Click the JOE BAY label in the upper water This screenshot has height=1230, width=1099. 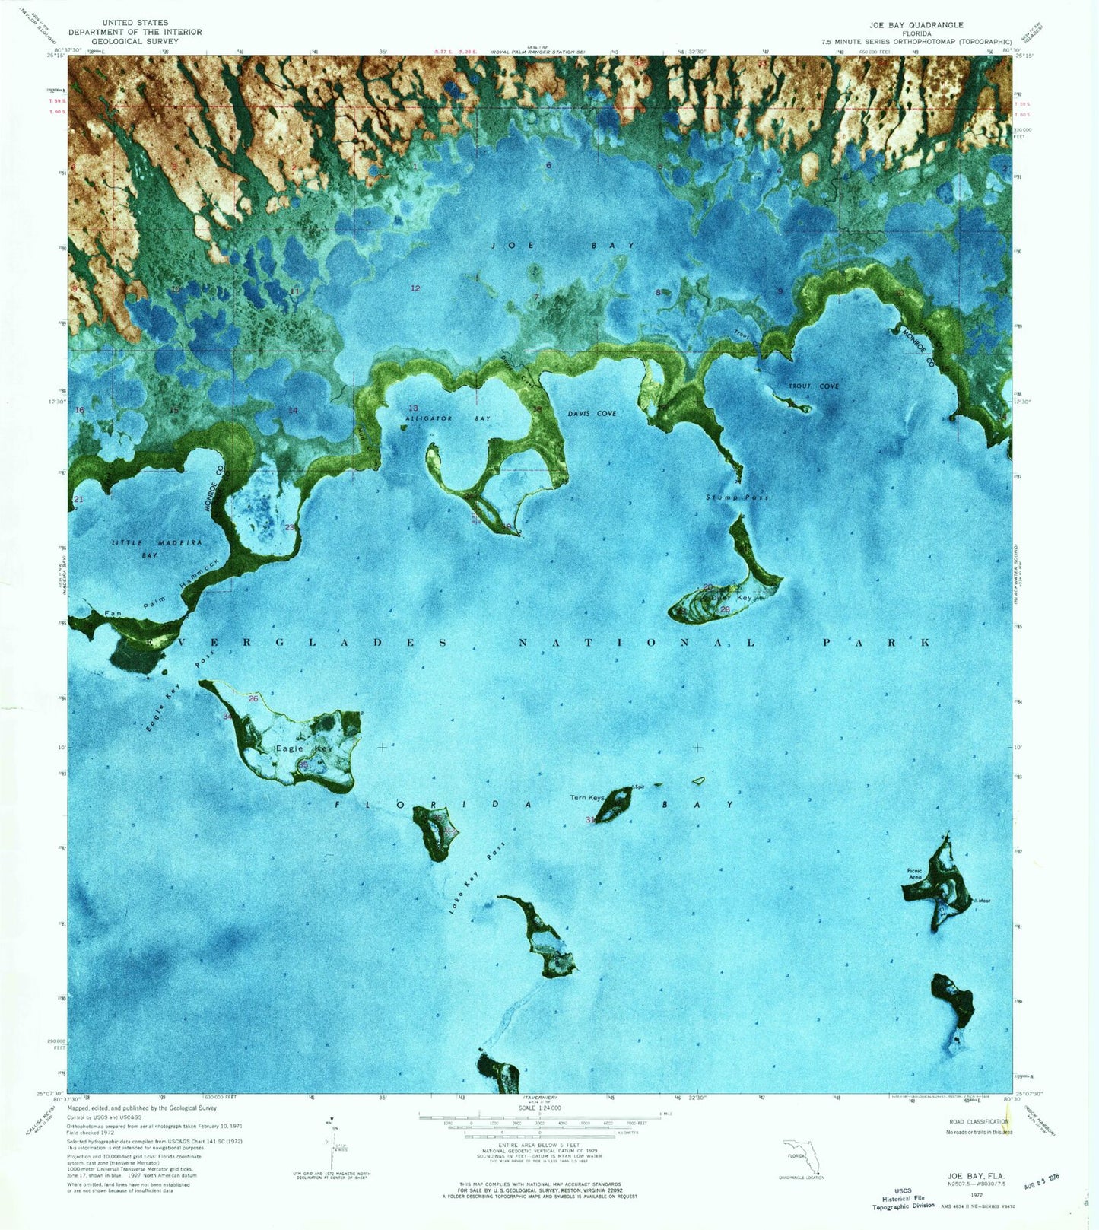(x=563, y=246)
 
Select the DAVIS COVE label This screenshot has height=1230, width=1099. (x=592, y=413)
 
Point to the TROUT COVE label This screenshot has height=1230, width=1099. (x=813, y=386)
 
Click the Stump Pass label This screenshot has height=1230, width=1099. (x=737, y=497)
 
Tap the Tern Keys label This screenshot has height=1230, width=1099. (x=587, y=798)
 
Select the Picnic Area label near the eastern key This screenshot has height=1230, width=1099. (x=914, y=874)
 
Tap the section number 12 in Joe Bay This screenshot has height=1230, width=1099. (x=415, y=288)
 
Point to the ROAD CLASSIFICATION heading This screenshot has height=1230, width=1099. (x=978, y=1121)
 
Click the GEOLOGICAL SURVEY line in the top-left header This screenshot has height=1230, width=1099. (x=135, y=41)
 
